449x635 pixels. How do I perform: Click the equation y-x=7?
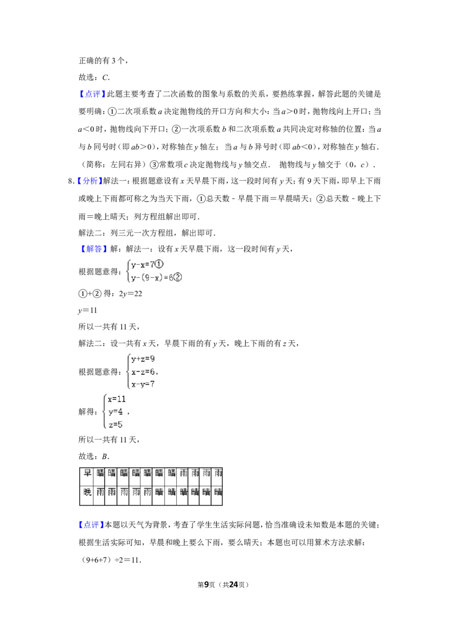[143, 264]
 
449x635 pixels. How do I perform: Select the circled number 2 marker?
[178, 277]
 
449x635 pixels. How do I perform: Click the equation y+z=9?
[143, 359]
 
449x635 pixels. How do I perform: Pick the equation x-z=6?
[143, 372]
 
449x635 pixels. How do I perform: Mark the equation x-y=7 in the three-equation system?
[143, 384]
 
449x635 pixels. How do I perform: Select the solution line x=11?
[117, 399]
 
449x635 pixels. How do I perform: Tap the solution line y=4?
[115, 412]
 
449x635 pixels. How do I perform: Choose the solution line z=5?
[115, 425]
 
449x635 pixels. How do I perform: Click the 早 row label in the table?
[87, 473]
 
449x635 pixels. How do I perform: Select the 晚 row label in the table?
[87, 492]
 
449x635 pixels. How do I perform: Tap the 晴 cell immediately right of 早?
[100, 473]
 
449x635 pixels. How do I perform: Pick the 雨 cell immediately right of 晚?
[100, 492]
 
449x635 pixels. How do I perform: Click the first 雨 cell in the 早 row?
[184, 473]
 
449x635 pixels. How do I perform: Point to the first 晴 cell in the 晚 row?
[159, 492]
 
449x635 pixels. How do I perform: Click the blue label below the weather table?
[90, 525]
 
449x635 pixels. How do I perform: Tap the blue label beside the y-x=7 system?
[94, 249]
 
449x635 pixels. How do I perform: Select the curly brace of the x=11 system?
[103, 411]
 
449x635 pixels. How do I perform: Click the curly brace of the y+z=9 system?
[126, 371]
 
